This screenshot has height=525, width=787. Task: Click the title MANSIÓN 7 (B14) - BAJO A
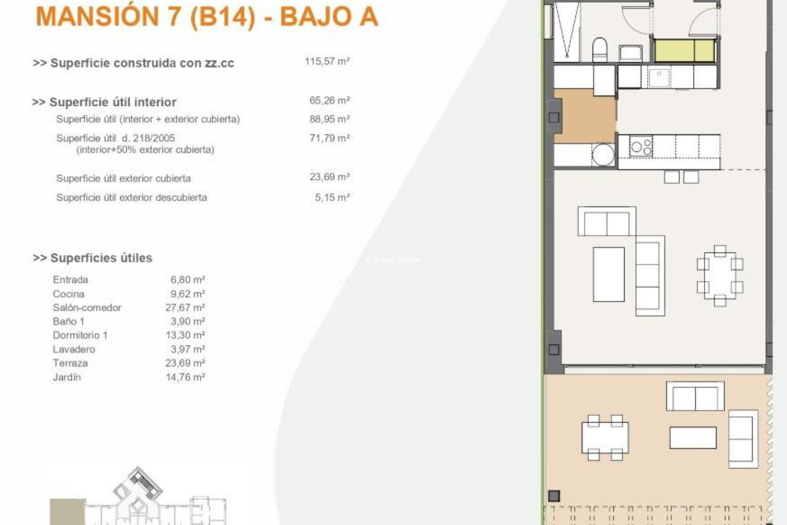pyautogui.click(x=207, y=17)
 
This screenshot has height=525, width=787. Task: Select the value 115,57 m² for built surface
pyautogui.click(x=327, y=62)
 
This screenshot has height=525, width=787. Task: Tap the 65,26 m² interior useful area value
pyautogui.click(x=329, y=100)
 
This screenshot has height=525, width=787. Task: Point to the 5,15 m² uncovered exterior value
pyautogui.click(x=332, y=197)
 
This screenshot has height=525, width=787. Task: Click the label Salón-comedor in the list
pyautogui.click(x=87, y=308)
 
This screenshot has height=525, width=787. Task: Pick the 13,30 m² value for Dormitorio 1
pyautogui.click(x=185, y=335)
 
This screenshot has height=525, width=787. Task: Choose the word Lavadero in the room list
pyautogui.click(x=74, y=349)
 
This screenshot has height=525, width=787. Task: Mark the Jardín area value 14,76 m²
pyautogui.click(x=185, y=377)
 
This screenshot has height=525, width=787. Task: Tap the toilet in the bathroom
pyautogui.click(x=600, y=50)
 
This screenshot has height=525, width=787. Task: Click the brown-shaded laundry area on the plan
pyautogui.click(x=585, y=116)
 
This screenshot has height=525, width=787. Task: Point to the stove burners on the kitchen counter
pyautogui.click(x=641, y=147)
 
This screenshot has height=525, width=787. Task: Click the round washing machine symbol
pyautogui.click(x=603, y=155)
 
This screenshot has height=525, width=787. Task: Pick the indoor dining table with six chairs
pyautogui.click(x=720, y=275)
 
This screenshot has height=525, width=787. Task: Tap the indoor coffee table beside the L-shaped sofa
pyautogui.click(x=609, y=274)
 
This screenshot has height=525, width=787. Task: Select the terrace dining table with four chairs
pyautogui.click(x=605, y=437)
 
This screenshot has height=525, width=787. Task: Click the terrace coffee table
pyautogui.click(x=693, y=438)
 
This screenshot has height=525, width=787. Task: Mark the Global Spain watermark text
pyautogui.click(x=393, y=260)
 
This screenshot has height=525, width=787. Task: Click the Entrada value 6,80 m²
pyautogui.click(x=187, y=280)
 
